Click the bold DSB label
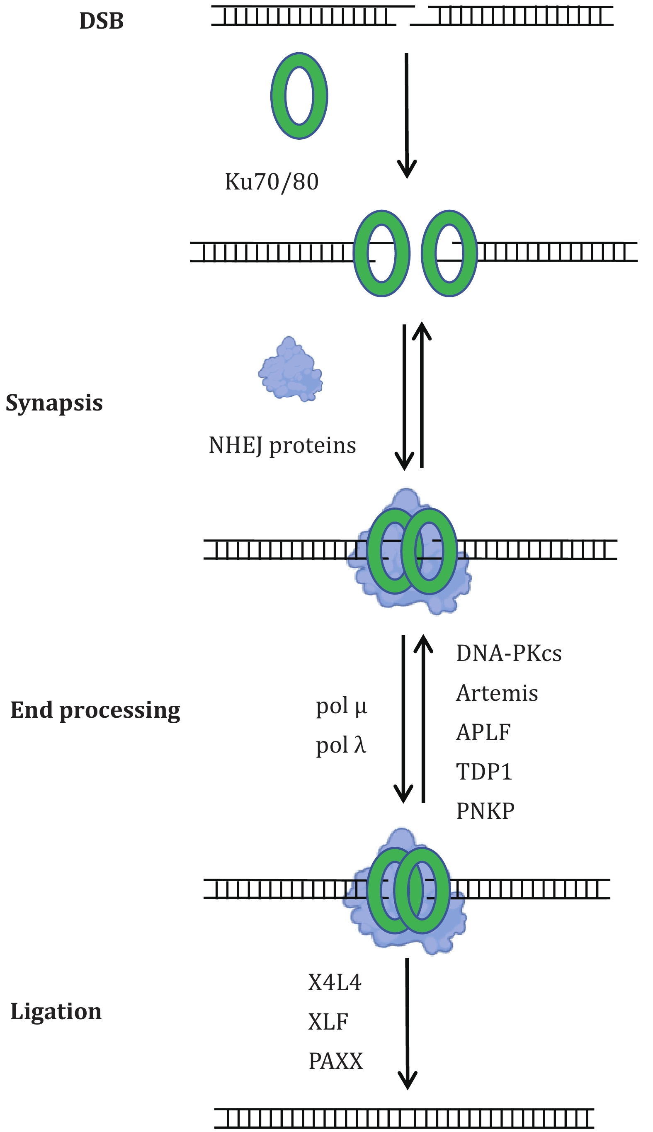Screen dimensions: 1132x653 coord(101,21)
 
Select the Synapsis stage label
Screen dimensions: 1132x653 coord(54,402)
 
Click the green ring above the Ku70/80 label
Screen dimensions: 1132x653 coord(299,95)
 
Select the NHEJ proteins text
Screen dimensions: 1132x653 coord(282,445)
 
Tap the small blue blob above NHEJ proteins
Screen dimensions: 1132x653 coord(291,370)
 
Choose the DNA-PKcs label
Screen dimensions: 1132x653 coord(509,653)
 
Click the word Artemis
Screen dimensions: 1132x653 coord(497,693)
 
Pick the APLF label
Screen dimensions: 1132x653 coord(483,732)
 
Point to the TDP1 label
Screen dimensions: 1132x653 coord(484,772)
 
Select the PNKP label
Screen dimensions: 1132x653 coord(485,811)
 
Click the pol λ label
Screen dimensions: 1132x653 coord(341,746)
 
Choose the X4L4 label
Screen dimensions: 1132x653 coord(335,982)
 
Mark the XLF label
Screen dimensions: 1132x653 coord(328,1022)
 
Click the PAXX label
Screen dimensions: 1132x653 coord(335,1061)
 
